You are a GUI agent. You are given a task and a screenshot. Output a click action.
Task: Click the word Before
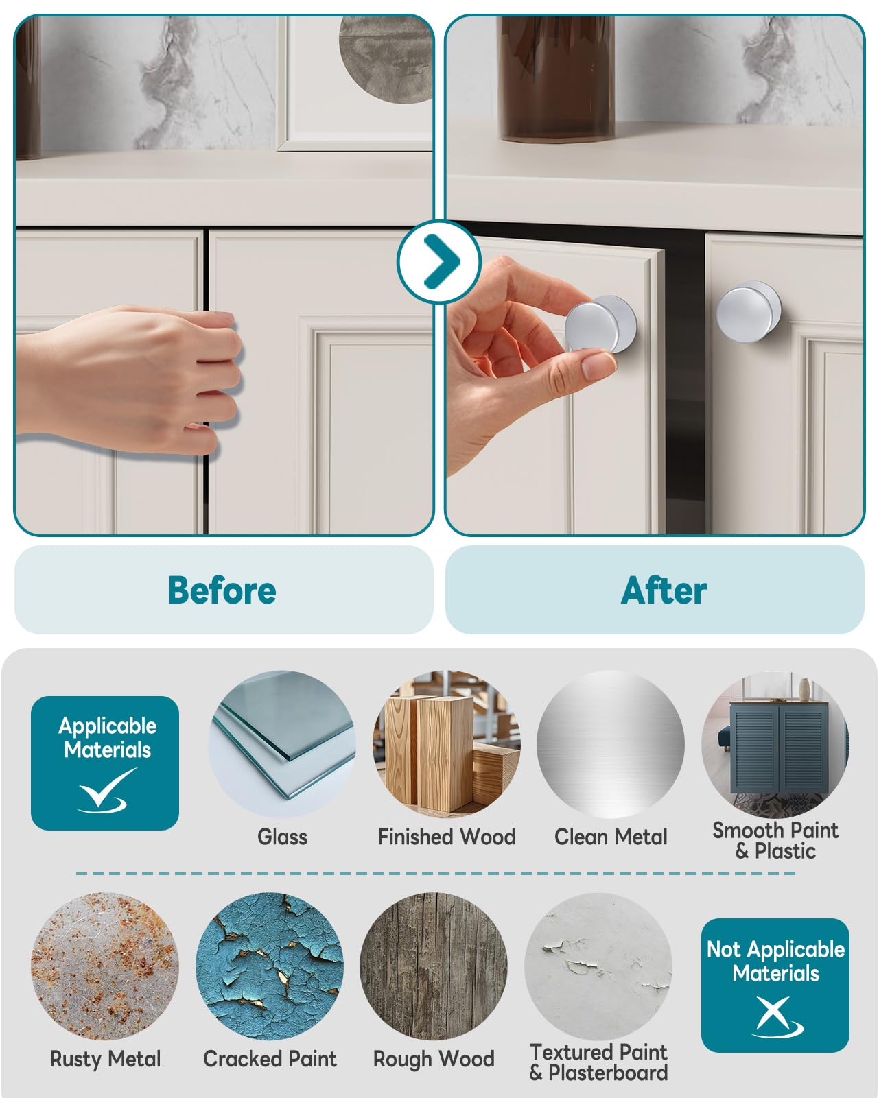coord(222,590)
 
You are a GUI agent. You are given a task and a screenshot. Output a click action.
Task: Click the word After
coord(664,590)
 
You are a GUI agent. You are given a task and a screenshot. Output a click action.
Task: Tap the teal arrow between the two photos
coord(439,261)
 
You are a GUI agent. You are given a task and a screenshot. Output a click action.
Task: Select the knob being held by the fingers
coord(601,324)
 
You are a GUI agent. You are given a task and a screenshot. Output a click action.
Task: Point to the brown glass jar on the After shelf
coord(556,79)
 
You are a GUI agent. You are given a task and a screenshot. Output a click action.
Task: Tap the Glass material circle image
coord(282,744)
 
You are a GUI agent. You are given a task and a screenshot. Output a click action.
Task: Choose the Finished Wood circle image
coord(447,744)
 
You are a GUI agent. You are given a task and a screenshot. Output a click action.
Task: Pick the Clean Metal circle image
coord(611,744)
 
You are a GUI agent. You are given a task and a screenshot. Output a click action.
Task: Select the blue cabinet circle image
coord(775,744)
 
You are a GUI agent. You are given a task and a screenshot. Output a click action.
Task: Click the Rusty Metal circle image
coord(105,966)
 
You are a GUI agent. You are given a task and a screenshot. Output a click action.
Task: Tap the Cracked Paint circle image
coord(270,966)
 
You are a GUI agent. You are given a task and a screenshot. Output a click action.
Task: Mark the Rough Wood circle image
coord(434,966)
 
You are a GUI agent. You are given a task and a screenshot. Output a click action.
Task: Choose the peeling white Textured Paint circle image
coord(598,966)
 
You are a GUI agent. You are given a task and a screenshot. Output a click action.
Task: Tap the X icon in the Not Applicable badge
coord(776,1016)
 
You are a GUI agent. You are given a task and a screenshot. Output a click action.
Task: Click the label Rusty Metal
coord(105,1059)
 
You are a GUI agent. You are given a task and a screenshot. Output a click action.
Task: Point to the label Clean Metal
coord(611,837)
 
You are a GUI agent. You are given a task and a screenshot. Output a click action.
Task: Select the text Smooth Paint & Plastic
coord(775,840)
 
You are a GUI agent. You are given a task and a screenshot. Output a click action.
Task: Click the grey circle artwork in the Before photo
coord(386,59)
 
